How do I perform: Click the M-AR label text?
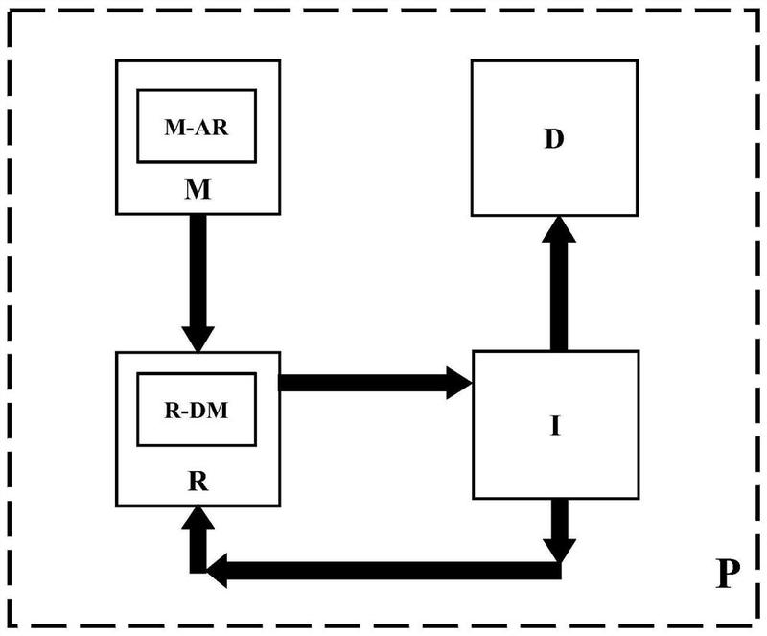pos(197,126)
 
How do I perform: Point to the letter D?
pos(553,138)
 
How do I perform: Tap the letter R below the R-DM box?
pos(197,477)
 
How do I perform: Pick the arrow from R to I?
pos(364,383)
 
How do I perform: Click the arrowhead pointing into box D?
pos(555,231)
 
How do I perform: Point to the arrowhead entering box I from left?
pos(459,383)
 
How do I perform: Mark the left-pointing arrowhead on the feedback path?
pos(217,572)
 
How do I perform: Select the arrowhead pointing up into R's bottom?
pos(198,519)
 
